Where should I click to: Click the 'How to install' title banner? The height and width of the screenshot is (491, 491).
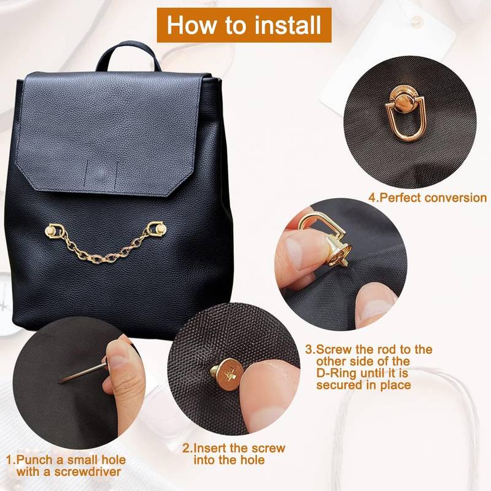244,25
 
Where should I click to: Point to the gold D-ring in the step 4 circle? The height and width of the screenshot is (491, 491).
406,117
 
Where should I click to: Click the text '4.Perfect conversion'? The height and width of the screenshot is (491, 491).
427,198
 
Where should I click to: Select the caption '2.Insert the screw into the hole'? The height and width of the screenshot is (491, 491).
234,454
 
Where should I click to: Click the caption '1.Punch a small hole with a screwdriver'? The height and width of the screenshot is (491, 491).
66,465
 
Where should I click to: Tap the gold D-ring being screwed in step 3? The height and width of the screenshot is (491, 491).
322,236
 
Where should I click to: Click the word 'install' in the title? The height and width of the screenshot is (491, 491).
285,25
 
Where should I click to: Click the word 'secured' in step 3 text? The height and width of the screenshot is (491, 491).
341,385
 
